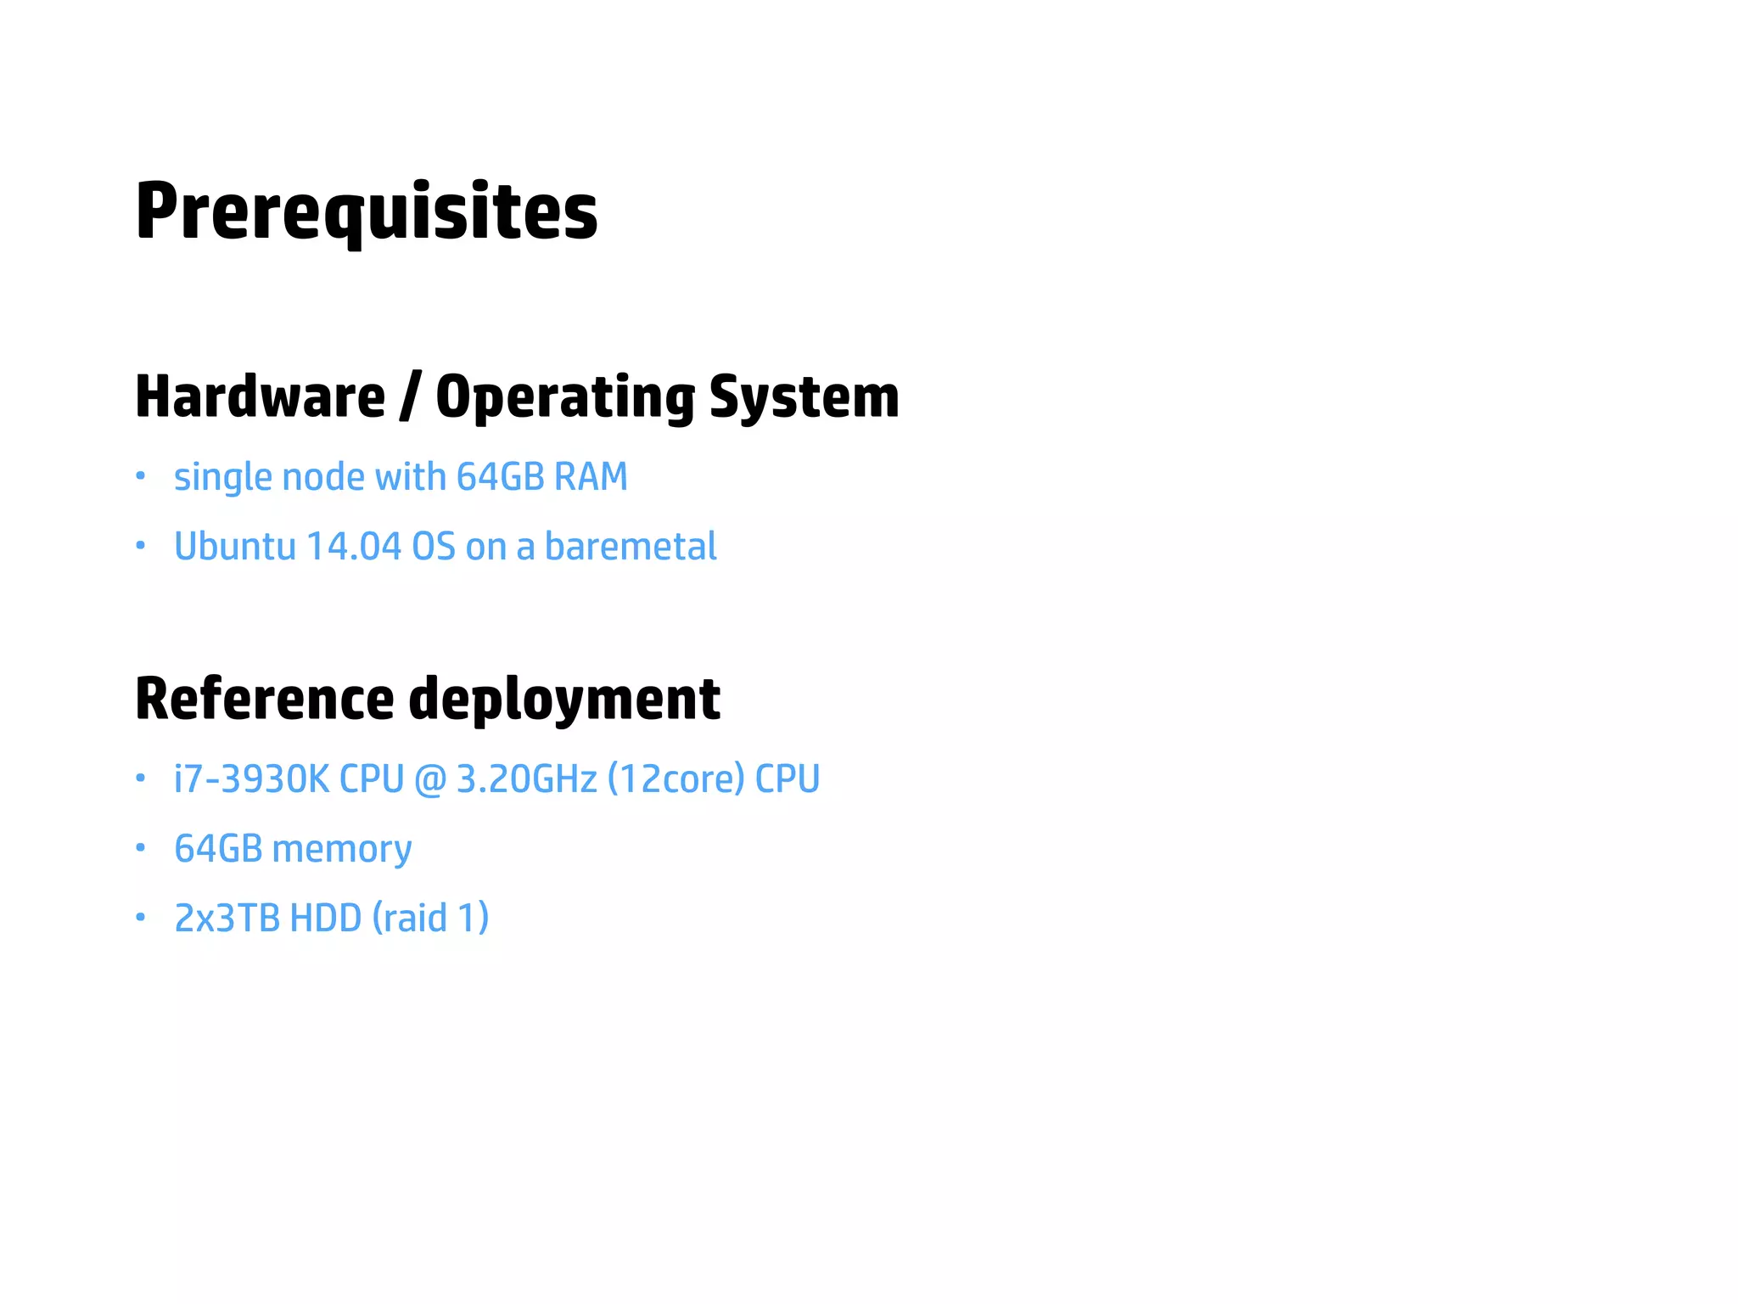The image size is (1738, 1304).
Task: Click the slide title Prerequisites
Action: click(366, 211)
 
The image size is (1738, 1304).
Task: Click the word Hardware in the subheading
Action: click(260, 396)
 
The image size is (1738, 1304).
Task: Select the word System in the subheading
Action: click(804, 396)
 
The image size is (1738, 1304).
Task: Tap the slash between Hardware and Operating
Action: click(410, 396)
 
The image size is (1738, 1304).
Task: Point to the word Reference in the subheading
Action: click(264, 699)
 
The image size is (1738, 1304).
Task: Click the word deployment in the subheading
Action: click(564, 700)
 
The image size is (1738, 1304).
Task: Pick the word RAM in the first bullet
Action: click(591, 477)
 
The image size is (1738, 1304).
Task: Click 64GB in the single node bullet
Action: click(500, 477)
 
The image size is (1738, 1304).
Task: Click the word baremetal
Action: click(631, 547)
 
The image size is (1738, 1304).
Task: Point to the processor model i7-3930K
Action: click(251, 779)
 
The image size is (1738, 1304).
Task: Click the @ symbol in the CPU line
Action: click(430, 779)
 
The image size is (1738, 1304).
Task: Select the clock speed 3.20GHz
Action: click(526, 779)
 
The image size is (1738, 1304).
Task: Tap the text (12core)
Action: click(676, 779)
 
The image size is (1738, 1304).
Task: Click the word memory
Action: click(342, 849)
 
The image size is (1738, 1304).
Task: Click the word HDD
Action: click(326, 919)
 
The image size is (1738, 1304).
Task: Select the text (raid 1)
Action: click(430, 919)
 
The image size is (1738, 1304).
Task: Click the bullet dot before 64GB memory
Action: click(141, 847)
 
